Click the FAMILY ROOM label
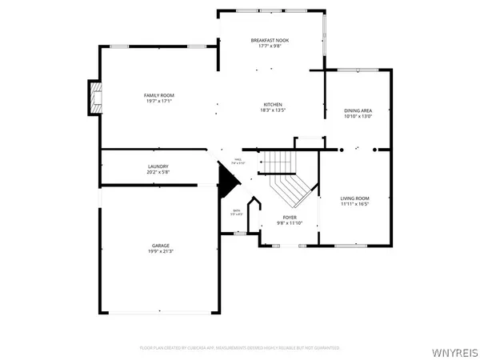pos(158,95)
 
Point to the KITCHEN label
pos(273,105)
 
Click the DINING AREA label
pos(358,110)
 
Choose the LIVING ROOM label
pos(354,198)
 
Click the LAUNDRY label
pos(157,166)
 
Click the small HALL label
pos(237,160)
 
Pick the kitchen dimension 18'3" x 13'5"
pos(273,111)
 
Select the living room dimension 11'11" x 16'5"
pos(354,204)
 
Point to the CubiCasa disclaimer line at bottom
pos(240,348)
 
